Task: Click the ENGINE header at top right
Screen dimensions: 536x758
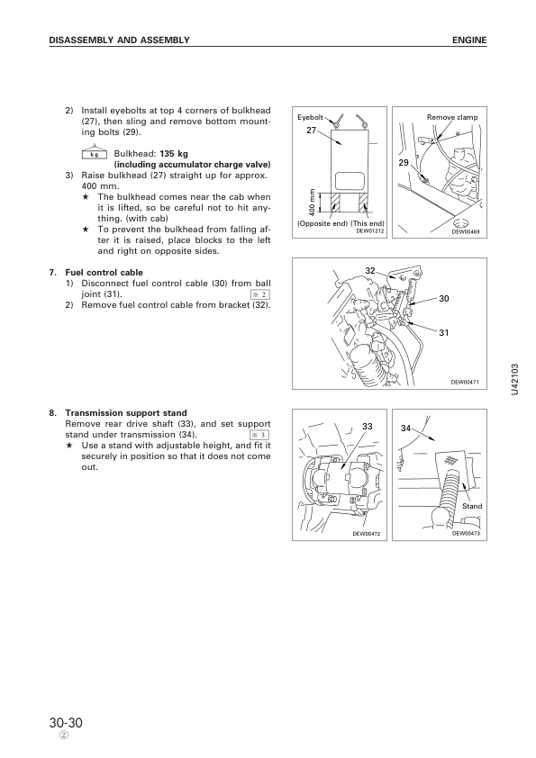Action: pyautogui.click(x=469, y=41)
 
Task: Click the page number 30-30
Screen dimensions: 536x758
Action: pyautogui.click(x=66, y=723)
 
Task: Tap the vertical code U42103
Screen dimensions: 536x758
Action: pyautogui.click(x=514, y=380)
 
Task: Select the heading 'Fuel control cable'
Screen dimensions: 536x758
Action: pyautogui.click(x=104, y=273)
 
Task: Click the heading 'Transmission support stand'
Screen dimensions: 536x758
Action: pyautogui.click(x=126, y=413)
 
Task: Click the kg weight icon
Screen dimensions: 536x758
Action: pyautogui.click(x=95, y=153)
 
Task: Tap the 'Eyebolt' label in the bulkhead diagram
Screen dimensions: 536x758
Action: pyautogui.click(x=310, y=117)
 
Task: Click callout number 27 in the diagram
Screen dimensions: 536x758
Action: pyautogui.click(x=312, y=130)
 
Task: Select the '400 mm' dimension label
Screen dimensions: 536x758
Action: pyautogui.click(x=312, y=202)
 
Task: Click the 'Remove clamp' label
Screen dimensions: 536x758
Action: pyautogui.click(x=452, y=117)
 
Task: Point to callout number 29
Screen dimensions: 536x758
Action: pyautogui.click(x=404, y=163)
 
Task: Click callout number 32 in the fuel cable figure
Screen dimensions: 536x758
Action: pyautogui.click(x=370, y=271)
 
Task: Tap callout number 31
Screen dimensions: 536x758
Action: pyautogui.click(x=443, y=332)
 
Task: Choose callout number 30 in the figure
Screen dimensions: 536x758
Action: pyautogui.click(x=443, y=299)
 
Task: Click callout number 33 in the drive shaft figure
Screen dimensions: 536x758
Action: pyautogui.click(x=368, y=427)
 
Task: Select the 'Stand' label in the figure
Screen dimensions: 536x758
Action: pyautogui.click(x=472, y=506)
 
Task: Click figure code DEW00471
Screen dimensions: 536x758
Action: pyautogui.click(x=465, y=383)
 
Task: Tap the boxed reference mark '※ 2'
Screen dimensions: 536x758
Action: pyautogui.click(x=260, y=295)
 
